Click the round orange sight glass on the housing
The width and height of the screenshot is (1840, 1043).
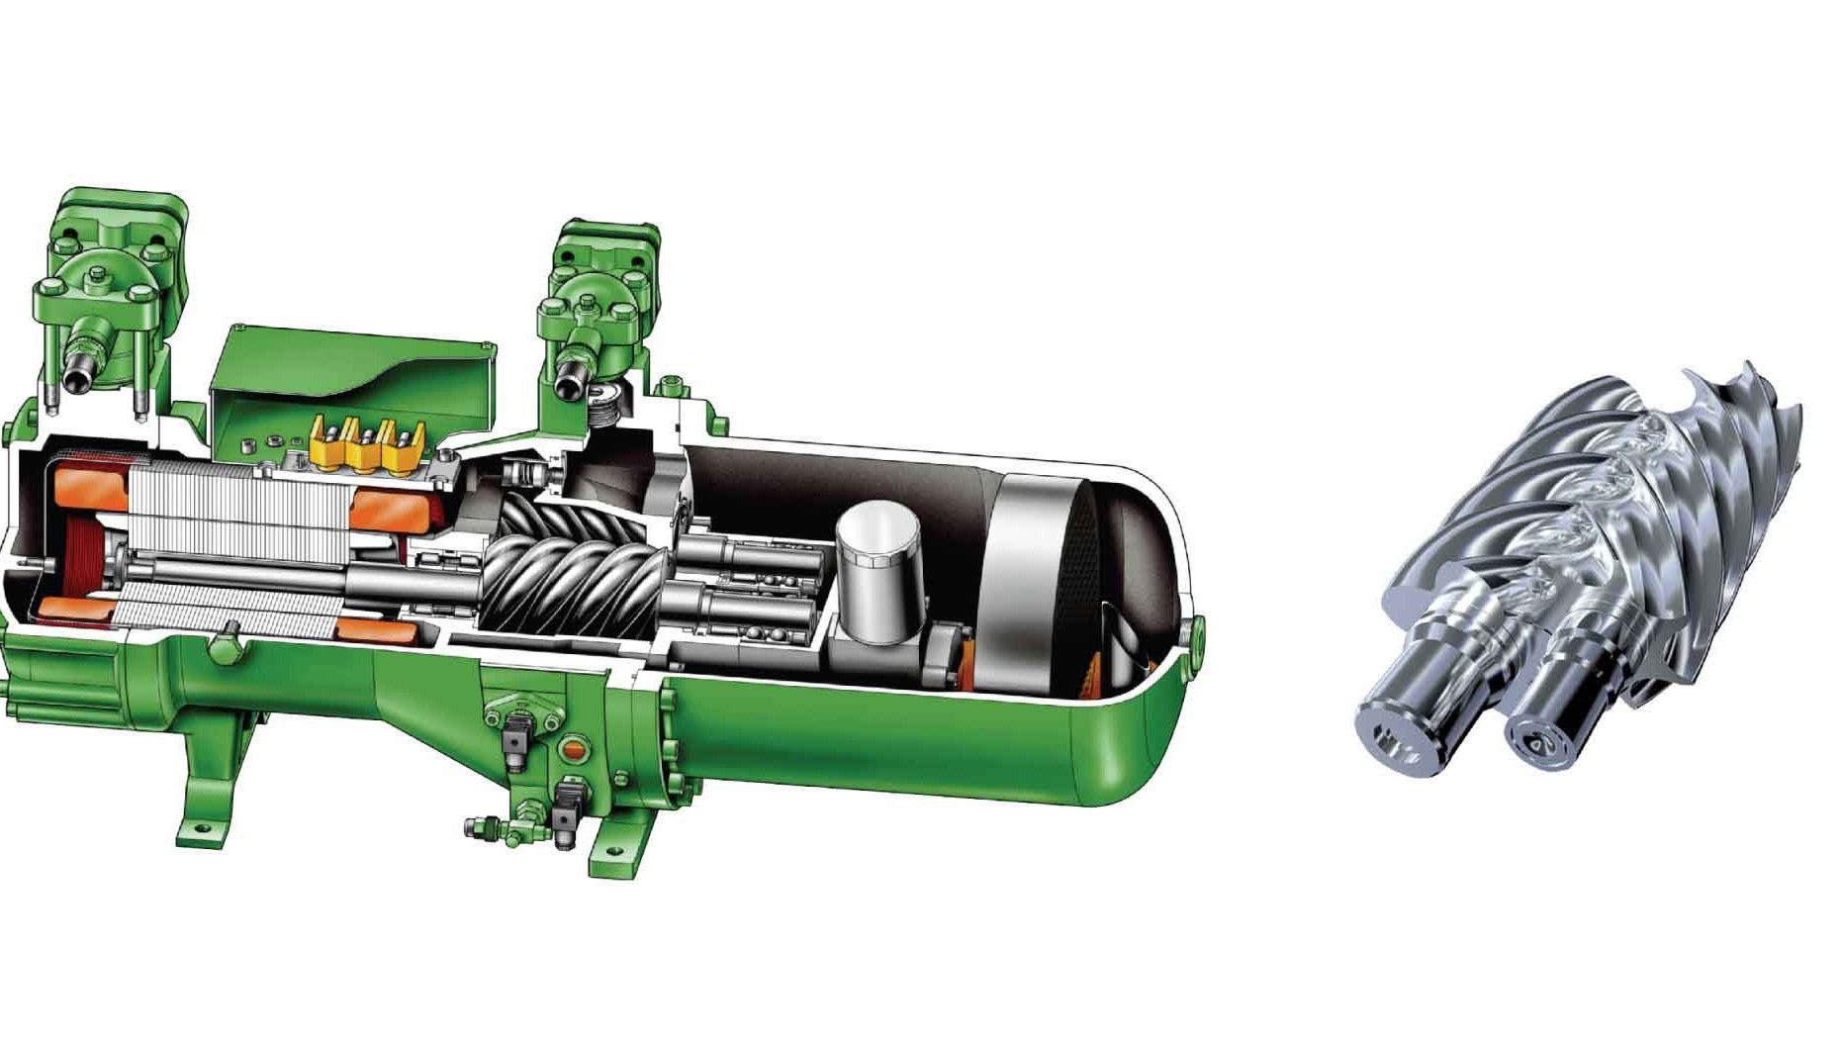pyautogui.click(x=572, y=748)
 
